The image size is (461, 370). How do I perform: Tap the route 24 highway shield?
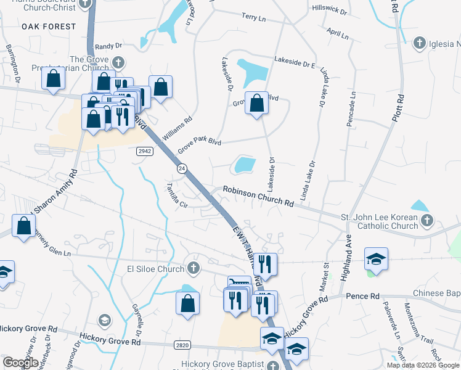(182, 168)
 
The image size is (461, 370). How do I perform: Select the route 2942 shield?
(145, 152)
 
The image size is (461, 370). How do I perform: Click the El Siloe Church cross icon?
(194, 268)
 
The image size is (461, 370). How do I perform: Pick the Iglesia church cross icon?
(418, 43)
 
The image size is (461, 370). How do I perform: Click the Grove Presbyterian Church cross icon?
(118, 62)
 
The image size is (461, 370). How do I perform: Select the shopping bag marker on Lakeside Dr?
(256, 102)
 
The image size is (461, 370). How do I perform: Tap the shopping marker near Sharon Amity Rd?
(24, 226)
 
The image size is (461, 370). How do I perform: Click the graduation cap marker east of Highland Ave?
(376, 258)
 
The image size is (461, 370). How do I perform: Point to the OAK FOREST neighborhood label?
(49, 27)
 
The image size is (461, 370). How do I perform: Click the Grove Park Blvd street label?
(199, 146)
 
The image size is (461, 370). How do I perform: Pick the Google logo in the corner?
(20, 363)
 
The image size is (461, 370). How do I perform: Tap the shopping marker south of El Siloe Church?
(187, 303)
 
